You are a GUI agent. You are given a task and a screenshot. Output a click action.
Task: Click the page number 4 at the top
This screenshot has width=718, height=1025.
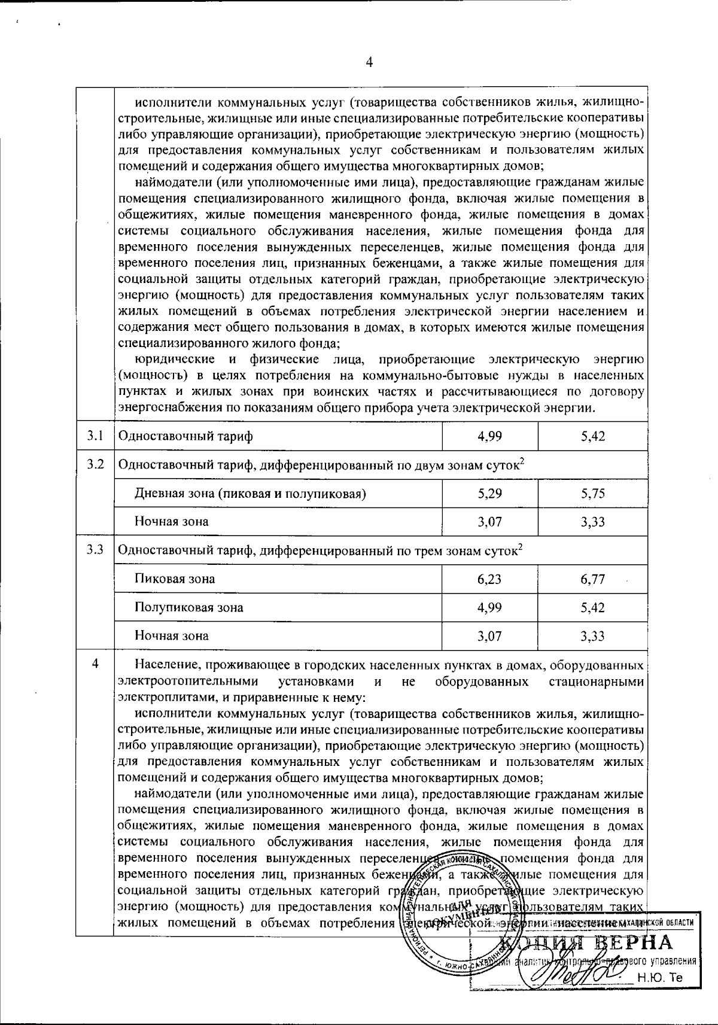pyautogui.click(x=369, y=62)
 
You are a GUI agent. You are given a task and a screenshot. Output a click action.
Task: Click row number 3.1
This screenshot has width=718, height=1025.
pyautogui.click(x=95, y=436)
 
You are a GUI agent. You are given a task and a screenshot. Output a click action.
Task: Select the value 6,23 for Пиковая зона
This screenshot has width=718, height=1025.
pyautogui.click(x=489, y=579)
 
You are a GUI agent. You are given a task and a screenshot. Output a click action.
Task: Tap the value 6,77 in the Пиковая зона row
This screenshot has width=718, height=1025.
pyautogui.click(x=592, y=579)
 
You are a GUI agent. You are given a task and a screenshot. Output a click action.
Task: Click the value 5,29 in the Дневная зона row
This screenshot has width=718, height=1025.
pyautogui.click(x=489, y=494)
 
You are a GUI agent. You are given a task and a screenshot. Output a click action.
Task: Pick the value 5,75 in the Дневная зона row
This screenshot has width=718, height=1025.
pyautogui.click(x=592, y=494)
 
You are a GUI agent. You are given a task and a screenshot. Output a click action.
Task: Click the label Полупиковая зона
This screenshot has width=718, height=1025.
pyautogui.click(x=188, y=607)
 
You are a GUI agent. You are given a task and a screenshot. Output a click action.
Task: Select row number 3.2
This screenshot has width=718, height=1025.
pyautogui.click(x=95, y=464)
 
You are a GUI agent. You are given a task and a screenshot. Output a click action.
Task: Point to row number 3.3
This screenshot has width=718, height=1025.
pyautogui.click(x=95, y=549)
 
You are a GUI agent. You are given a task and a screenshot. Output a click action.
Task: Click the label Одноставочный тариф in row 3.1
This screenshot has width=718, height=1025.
pyautogui.click(x=185, y=436)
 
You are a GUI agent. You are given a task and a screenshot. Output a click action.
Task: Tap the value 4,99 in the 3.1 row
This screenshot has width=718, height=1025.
pyautogui.click(x=489, y=436)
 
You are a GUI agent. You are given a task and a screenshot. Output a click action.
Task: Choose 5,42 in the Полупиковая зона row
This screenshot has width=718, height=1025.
pyautogui.click(x=592, y=607)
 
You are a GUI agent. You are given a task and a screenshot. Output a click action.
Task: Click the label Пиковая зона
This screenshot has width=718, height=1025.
pyautogui.click(x=175, y=579)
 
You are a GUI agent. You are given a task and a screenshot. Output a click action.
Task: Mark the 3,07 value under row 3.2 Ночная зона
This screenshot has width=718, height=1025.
pyautogui.click(x=489, y=522)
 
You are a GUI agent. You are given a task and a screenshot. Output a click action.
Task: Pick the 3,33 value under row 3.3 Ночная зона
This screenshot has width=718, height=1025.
pyautogui.click(x=592, y=635)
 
